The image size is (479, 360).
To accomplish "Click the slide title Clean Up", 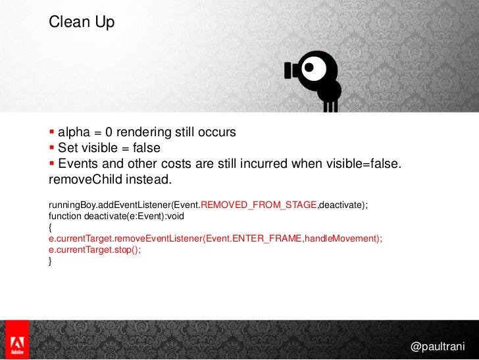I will coord(82,22).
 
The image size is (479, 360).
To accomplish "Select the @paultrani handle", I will coord(437,346).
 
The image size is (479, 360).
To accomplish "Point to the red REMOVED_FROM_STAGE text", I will coord(259,205).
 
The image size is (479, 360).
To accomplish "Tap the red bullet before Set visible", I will coord(52,147).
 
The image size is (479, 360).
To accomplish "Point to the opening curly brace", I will coord(51,228).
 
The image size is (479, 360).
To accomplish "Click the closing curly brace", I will coord(51,261).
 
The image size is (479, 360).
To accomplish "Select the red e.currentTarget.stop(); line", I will coord(95,250).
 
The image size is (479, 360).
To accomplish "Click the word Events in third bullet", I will coord(78,164).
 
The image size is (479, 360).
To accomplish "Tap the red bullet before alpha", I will coord(52,132).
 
